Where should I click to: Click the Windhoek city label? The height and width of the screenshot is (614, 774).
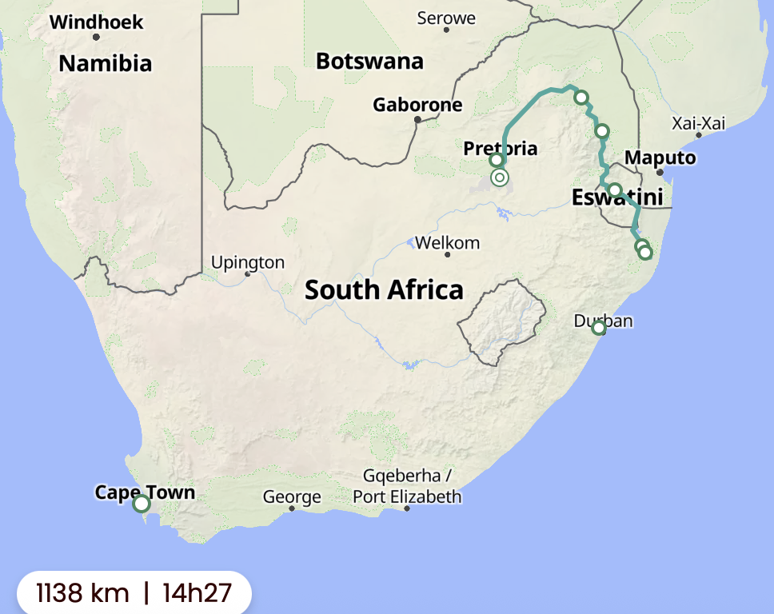[x=96, y=22]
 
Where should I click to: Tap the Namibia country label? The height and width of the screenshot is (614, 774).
[x=105, y=63]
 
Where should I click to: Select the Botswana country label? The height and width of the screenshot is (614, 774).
[x=369, y=61]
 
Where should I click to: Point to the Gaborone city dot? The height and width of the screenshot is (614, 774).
[x=417, y=120]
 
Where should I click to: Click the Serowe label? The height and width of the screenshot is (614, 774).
[x=446, y=18]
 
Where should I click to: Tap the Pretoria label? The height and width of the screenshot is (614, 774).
[x=500, y=148]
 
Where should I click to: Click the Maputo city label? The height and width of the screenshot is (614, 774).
[x=660, y=157]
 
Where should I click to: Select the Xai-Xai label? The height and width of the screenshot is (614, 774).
[x=698, y=123]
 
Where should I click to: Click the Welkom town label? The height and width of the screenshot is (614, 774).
[x=447, y=242]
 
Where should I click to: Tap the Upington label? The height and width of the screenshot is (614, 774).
[x=247, y=262]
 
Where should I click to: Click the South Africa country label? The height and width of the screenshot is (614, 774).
[x=384, y=289]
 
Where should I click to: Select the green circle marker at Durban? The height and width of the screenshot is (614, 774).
[x=598, y=328]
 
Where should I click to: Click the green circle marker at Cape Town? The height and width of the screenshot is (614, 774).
[x=142, y=504]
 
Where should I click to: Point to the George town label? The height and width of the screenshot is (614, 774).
[x=292, y=496]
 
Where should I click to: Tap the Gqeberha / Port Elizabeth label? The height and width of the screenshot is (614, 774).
[x=407, y=486]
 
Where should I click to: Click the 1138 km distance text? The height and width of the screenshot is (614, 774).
[x=82, y=593]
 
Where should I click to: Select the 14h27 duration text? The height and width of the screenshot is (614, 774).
[x=197, y=593]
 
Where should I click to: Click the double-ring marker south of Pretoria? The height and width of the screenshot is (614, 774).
[x=500, y=177]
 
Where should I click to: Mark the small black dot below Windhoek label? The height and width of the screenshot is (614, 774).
[x=96, y=37]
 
